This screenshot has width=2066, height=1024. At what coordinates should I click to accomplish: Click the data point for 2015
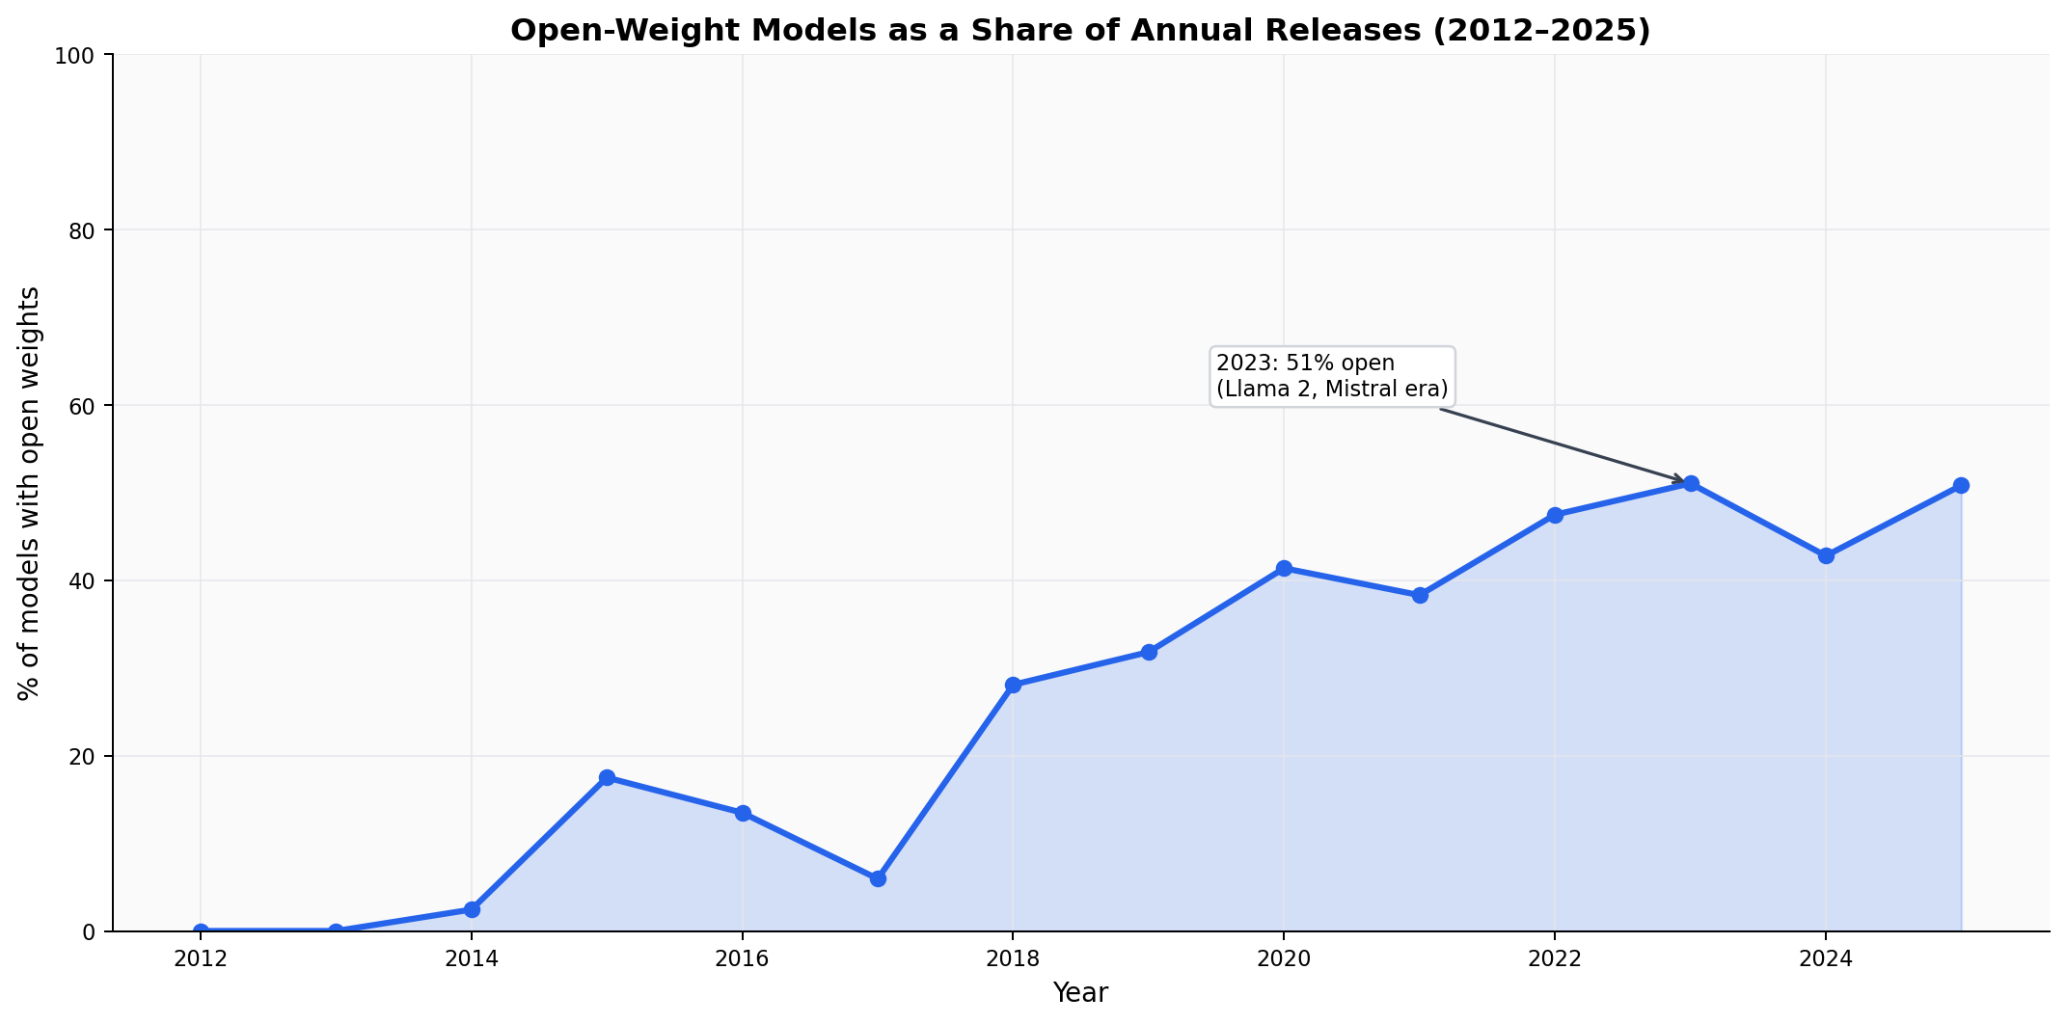click(607, 777)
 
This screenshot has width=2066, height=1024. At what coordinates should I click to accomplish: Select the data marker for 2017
click(878, 878)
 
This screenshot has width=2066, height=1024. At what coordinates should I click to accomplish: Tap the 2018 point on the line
click(1013, 685)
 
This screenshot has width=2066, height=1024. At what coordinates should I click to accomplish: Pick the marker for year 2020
click(1284, 568)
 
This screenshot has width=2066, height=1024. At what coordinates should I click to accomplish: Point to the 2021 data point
click(1420, 595)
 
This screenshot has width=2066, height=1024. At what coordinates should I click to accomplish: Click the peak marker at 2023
click(1691, 483)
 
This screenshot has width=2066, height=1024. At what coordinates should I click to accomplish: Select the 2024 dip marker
click(1826, 555)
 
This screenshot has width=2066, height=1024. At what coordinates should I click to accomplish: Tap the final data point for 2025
click(1961, 485)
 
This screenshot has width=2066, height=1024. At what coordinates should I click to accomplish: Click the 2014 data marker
click(472, 909)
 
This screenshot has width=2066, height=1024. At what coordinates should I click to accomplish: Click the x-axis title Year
click(1080, 993)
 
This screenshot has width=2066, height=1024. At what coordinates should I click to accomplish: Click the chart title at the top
click(1080, 31)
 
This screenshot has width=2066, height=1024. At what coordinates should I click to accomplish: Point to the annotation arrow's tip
click(1683, 481)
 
